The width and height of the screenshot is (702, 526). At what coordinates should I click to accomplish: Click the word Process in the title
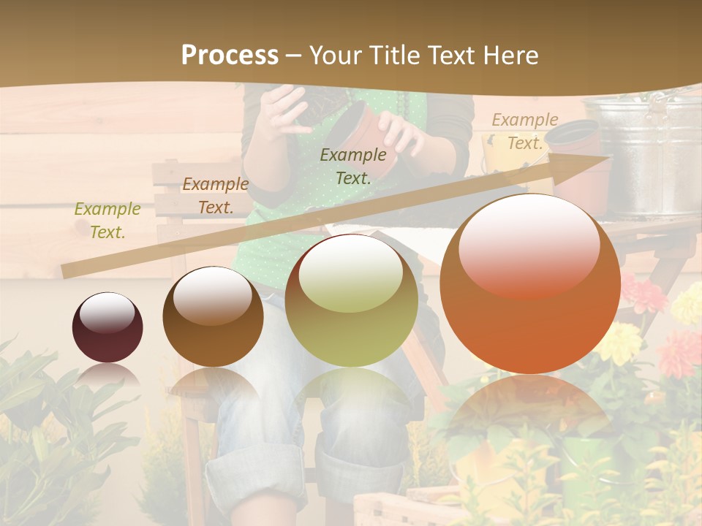(230, 56)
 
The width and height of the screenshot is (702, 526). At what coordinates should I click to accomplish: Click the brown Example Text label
(215, 196)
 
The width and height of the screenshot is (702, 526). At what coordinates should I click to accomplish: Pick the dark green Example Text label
(353, 166)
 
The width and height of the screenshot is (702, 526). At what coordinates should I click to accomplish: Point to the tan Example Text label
(524, 131)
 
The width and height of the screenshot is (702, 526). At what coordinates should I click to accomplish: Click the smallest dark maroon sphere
(107, 327)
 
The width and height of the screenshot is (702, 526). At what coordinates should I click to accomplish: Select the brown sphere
(213, 316)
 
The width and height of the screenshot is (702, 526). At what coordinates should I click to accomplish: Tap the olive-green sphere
(352, 300)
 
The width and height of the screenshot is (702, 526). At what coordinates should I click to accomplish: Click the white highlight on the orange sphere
(529, 245)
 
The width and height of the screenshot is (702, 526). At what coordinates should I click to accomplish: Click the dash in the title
(294, 56)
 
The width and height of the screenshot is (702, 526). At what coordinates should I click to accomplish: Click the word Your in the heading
(334, 56)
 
